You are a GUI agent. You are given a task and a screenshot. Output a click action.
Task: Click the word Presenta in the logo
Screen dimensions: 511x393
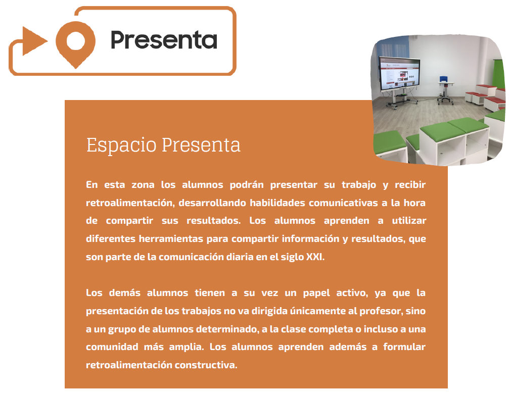pyautogui.click(x=164, y=40)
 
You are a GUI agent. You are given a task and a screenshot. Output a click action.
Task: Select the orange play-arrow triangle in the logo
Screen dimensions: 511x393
pyautogui.click(x=34, y=41)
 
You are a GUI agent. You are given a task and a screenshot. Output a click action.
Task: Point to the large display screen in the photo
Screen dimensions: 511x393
pyautogui.click(x=400, y=74)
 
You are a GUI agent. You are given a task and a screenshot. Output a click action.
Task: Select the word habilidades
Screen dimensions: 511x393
pyautogui.click(x=277, y=203)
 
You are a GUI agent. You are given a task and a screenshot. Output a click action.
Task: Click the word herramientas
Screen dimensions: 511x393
pyautogui.click(x=171, y=238)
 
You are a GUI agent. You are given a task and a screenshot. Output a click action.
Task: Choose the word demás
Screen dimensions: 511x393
pyautogui.click(x=124, y=292)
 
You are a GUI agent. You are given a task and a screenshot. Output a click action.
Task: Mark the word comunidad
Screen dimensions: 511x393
pyautogui.click(x=112, y=347)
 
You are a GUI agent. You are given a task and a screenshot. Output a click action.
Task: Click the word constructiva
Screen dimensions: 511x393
pyautogui.click(x=206, y=365)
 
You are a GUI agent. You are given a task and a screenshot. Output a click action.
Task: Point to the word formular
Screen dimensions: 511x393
pyautogui.click(x=404, y=347)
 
